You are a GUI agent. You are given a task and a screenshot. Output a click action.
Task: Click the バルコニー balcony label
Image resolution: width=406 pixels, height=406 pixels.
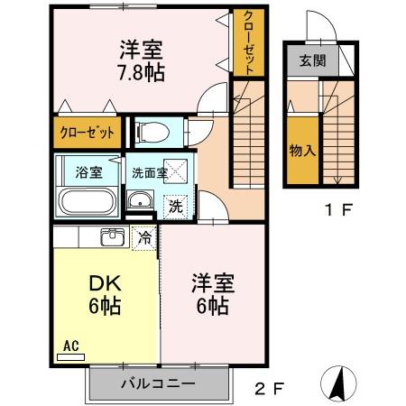(158, 384)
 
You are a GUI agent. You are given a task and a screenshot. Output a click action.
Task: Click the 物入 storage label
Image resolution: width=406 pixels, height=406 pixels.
(301, 149)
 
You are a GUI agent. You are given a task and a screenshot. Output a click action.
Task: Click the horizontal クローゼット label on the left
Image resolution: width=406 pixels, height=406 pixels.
(88, 133)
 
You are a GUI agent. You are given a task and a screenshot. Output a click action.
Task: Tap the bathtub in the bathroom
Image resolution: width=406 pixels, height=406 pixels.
(88, 201)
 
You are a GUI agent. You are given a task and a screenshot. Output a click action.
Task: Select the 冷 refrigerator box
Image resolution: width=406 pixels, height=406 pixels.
(143, 237)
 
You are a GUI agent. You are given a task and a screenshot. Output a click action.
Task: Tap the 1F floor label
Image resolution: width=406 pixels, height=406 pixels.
(338, 212)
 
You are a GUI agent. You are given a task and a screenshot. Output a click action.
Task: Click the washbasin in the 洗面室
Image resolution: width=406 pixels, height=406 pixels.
(138, 201)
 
